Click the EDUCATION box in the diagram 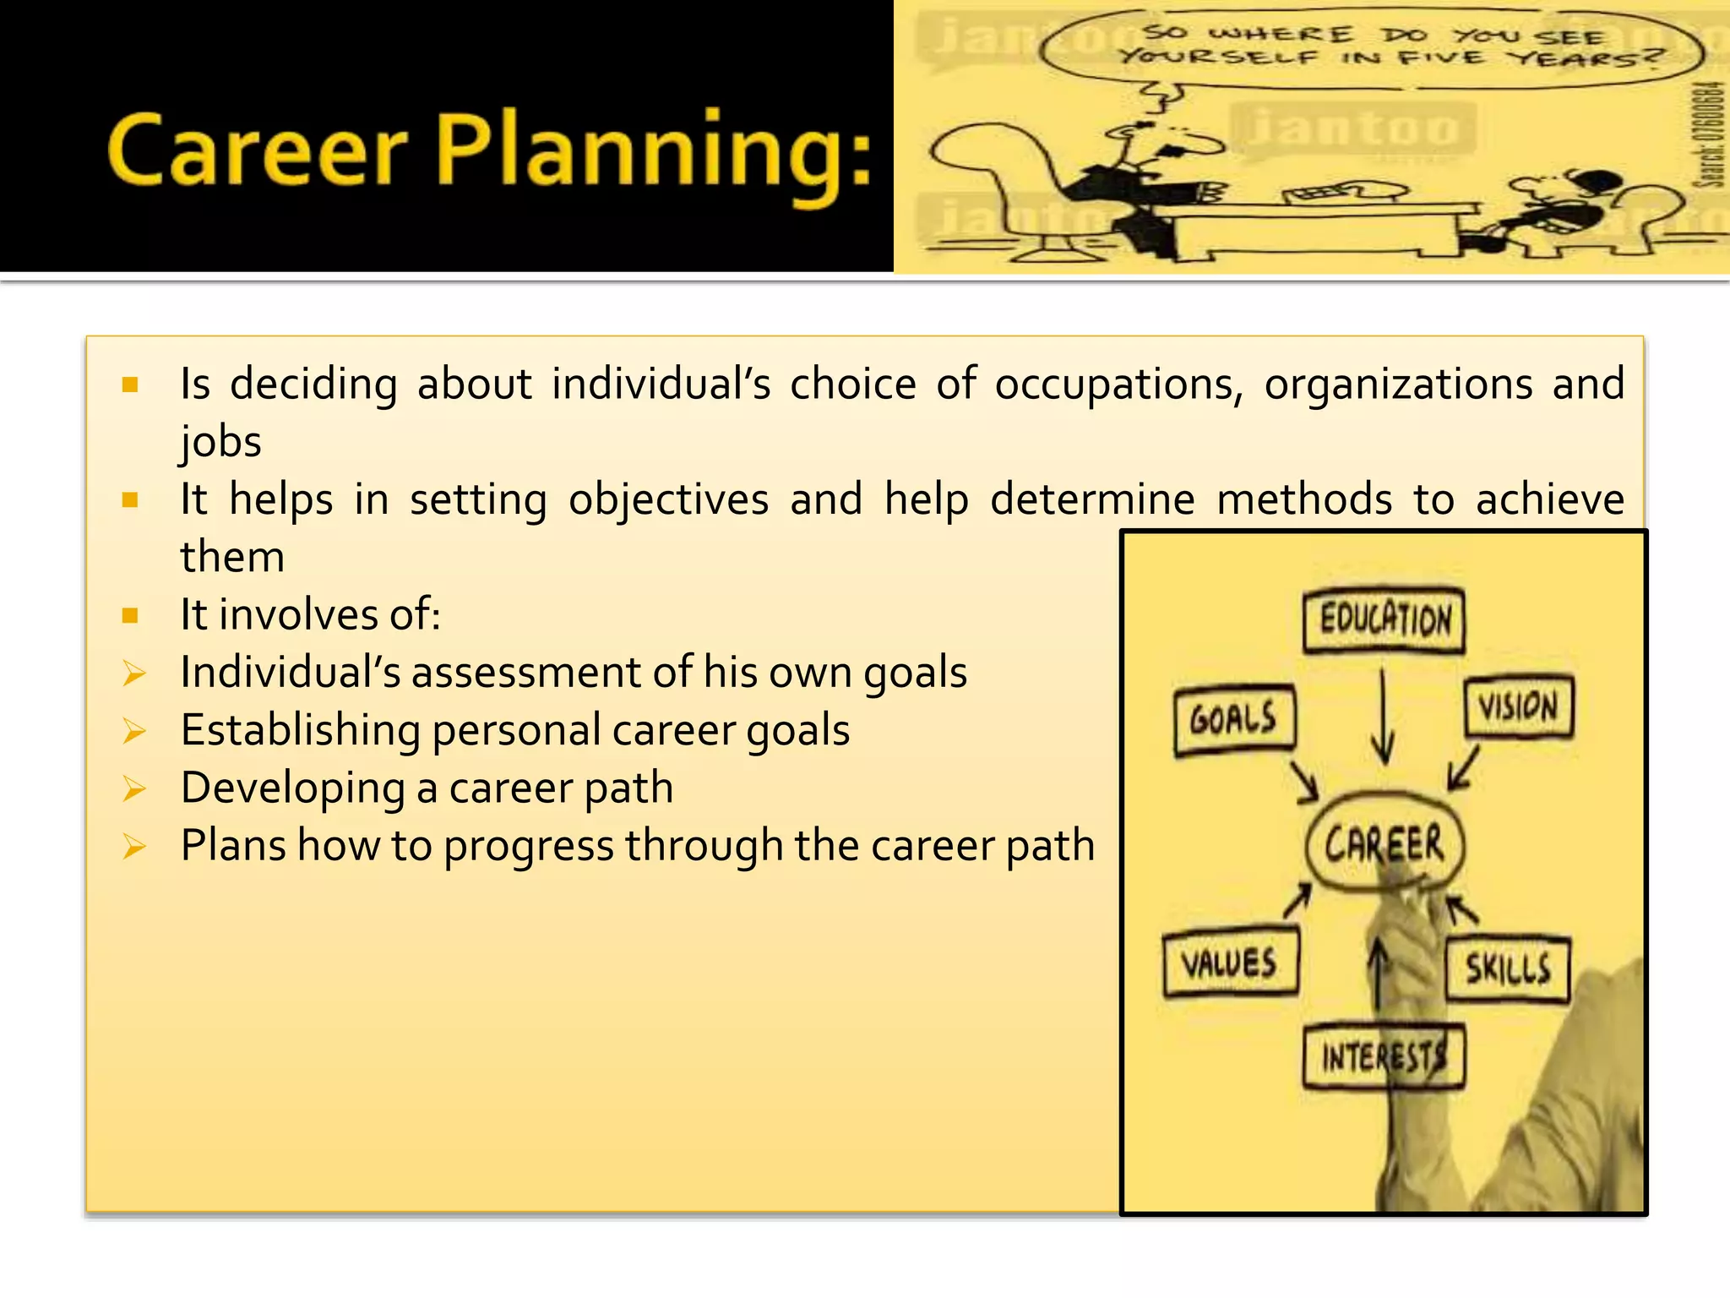pos(1385,621)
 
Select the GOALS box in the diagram pos(1234,720)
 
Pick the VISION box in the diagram pos(1518,706)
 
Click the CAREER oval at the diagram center pos(1385,843)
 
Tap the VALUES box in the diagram pos(1229,963)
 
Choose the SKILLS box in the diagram pos(1508,968)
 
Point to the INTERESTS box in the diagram pos(1383,1056)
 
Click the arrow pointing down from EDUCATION pos(1383,718)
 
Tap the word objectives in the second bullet pos(668,499)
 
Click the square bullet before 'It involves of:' pos(130,615)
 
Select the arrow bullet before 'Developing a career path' pos(134,788)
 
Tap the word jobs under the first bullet pos(220,442)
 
